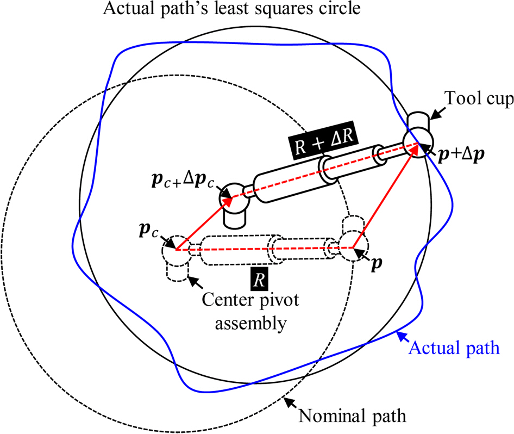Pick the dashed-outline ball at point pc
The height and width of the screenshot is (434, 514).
pyautogui.click(x=175, y=249)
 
